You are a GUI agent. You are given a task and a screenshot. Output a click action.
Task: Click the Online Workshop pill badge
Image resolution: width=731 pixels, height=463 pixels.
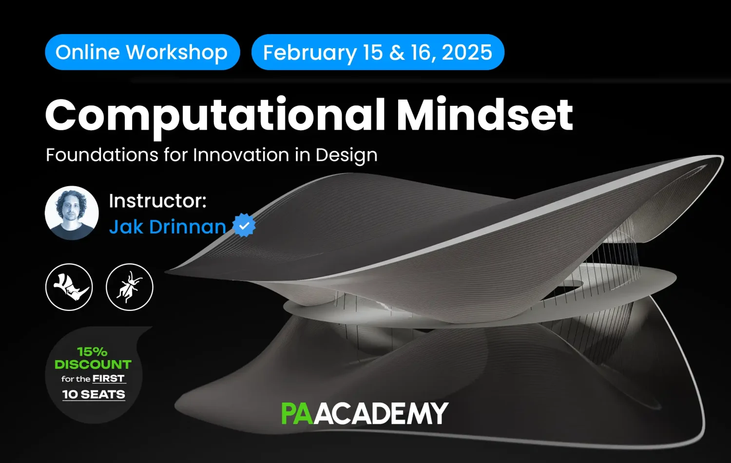[x=143, y=52]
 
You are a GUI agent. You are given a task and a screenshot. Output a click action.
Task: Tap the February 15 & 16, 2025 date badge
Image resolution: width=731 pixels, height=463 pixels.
[x=378, y=52]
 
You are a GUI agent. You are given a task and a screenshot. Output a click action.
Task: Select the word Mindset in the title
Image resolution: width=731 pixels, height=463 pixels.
[x=484, y=114]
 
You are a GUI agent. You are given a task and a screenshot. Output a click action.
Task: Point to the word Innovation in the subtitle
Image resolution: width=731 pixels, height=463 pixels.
[x=241, y=154]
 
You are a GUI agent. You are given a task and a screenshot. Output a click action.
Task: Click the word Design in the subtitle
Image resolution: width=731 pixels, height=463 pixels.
[x=346, y=155]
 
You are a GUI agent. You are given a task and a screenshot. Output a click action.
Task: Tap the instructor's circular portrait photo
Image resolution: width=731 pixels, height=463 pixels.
[x=72, y=213]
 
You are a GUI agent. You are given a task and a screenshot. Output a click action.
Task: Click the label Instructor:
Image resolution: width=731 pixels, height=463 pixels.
[x=157, y=201]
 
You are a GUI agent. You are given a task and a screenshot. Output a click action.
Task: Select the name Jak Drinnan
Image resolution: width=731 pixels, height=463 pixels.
[x=168, y=227]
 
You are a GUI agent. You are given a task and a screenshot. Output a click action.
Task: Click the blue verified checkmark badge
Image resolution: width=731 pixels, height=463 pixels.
[x=244, y=225]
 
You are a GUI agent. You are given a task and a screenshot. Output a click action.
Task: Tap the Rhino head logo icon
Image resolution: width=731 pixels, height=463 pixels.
[x=69, y=287]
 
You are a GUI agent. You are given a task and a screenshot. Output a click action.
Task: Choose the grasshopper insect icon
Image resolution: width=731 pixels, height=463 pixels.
[x=130, y=287]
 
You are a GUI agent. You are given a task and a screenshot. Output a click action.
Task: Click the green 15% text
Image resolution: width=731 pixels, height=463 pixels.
[x=93, y=352]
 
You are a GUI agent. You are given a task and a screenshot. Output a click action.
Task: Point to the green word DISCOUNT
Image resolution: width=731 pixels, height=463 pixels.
[x=93, y=365]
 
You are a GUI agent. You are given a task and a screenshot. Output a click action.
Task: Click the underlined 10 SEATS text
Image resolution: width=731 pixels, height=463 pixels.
[x=94, y=394]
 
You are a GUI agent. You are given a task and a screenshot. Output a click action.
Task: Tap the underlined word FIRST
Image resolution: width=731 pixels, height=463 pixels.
[x=109, y=379]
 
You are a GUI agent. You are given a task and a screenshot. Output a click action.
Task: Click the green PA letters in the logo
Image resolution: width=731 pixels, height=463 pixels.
[x=297, y=413]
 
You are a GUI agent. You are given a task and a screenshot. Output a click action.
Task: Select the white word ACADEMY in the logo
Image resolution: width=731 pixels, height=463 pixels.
[x=381, y=413]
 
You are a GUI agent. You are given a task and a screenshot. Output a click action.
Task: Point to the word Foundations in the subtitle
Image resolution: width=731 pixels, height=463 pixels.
[x=102, y=154]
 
